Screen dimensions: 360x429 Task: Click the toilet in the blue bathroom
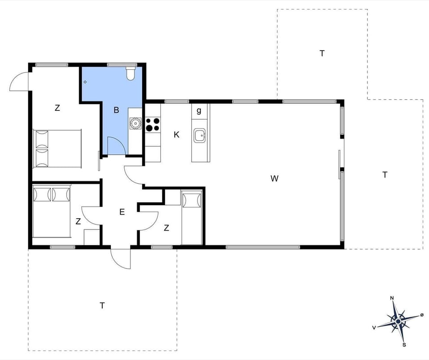[x=130, y=73]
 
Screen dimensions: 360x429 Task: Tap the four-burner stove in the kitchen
[x=152, y=124]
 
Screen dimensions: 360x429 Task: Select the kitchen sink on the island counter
[x=200, y=135]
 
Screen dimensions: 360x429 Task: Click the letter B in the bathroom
[x=116, y=110]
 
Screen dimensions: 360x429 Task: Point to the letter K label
[x=177, y=135]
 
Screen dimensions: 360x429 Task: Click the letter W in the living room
[x=274, y=179]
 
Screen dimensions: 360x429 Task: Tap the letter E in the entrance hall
[x=122, y=212]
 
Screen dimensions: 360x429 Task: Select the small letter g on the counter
[x=199, y=110]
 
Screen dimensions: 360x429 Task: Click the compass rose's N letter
[x=392, y=298]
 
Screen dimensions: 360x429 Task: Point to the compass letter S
[x=404, y=344]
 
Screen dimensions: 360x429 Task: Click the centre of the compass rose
[x=398, y=320]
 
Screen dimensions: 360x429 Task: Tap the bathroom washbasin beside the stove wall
[x=135, y=122]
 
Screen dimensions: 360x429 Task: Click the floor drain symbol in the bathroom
[x=85, y=82]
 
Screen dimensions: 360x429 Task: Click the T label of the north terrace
[x=322, y=53]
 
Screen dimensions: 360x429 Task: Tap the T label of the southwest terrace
[x=102, y=305]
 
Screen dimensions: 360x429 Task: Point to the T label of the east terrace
[x=385, y=175]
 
